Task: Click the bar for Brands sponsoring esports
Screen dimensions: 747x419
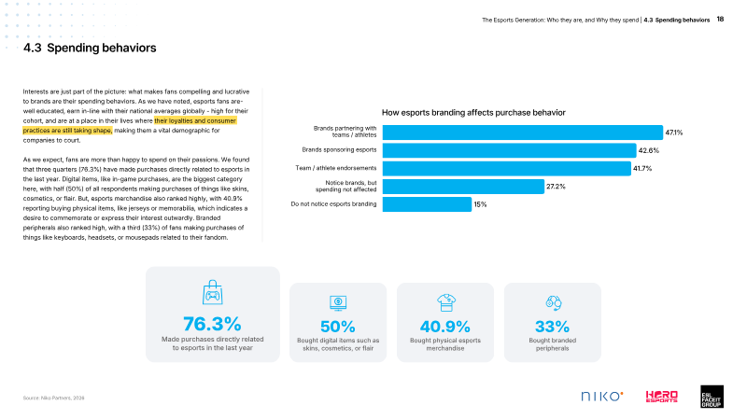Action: [x=509, y=150]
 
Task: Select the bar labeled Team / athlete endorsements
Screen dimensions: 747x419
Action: [x=507, y=169]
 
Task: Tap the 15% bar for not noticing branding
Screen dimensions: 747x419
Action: [x=427, y=204]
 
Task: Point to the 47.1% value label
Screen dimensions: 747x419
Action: [x=673, y=133]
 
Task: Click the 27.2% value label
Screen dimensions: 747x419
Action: [x=556, y=187]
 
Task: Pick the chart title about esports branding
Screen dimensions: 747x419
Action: [x=473, y=113]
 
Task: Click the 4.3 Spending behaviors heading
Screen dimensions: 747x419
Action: [x=90, y=48]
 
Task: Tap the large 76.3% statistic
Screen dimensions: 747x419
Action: [x=213, y=324]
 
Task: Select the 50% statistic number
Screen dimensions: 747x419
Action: [x=338, y=327]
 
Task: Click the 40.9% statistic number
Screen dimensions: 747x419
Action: [x=445, y=327]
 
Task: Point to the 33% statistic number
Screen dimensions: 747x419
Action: [x=552, y=327]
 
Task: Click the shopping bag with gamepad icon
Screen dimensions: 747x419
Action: [x=213, y=292]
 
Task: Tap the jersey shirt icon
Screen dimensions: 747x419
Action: [x=446, y=303]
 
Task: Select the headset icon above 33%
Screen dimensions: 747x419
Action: [x=554, y=303]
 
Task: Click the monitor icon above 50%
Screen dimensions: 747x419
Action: [x=338, y=303]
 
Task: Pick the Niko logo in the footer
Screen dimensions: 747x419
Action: [x=602, y=397]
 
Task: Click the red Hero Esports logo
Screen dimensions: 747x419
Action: [x=662, y=397]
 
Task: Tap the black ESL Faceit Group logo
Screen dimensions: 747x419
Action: [x=712, y=397]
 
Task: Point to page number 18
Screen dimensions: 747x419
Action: [x=720, y=20]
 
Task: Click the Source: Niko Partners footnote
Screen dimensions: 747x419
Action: [x=54, y=398]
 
